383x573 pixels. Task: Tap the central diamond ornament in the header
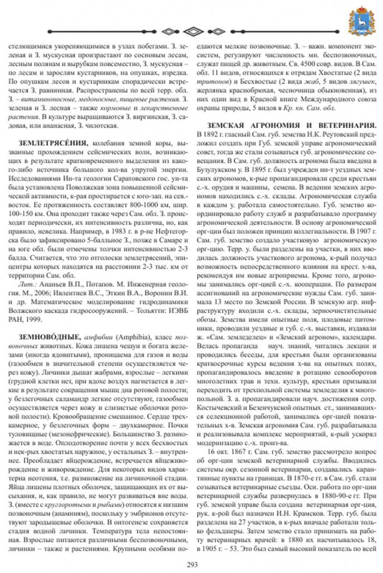point(191,32)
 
